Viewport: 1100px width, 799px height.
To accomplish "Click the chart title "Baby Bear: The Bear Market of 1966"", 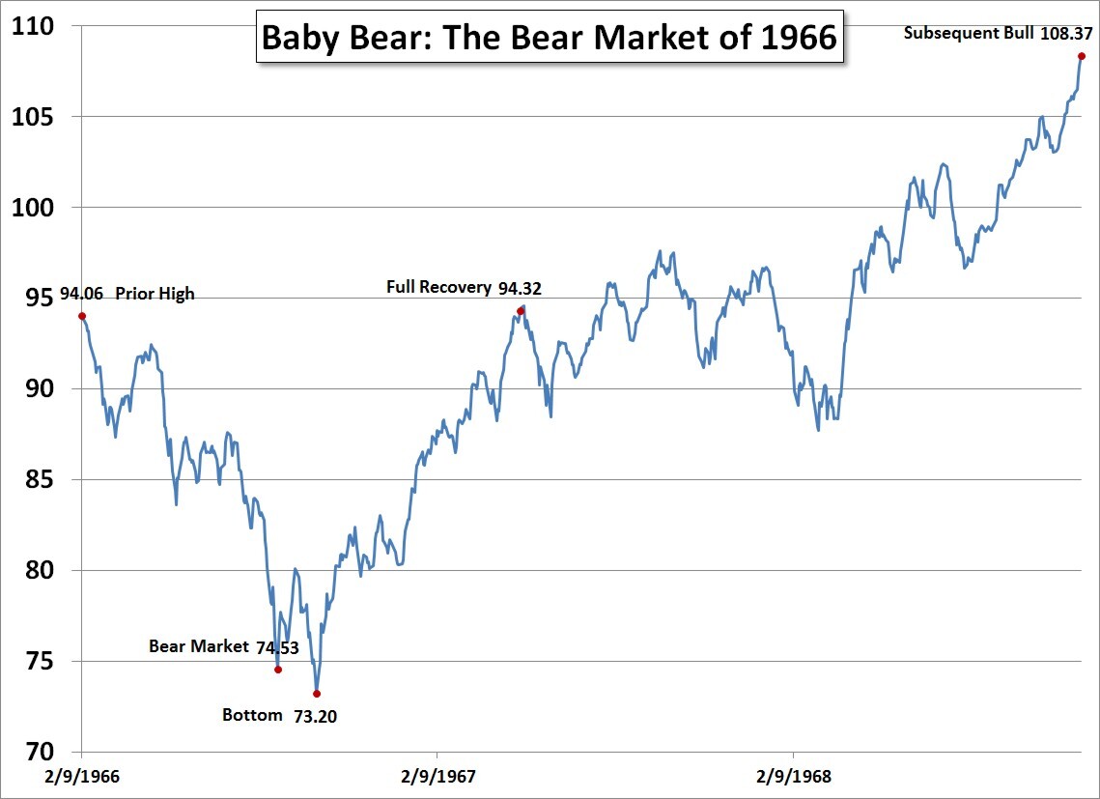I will pos(550,39).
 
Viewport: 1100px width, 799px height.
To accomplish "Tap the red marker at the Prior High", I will pos(82,316).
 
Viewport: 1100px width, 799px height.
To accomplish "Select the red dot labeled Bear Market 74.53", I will pos(278,670).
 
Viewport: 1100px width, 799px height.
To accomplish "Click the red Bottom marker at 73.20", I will pos(317,694).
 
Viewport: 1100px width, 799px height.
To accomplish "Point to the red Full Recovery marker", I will pos(521,311).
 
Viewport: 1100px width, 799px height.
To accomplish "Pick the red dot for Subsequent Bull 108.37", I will pos(1082,56).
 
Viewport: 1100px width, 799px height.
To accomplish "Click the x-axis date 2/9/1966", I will pos(81,776).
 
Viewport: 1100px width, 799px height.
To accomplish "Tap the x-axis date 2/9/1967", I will pos(437,776).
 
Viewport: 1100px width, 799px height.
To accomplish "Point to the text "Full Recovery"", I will pos(438,287).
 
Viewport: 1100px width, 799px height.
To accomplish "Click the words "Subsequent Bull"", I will pos(968,33).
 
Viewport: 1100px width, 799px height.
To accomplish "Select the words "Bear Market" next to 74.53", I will pos(199,646).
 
